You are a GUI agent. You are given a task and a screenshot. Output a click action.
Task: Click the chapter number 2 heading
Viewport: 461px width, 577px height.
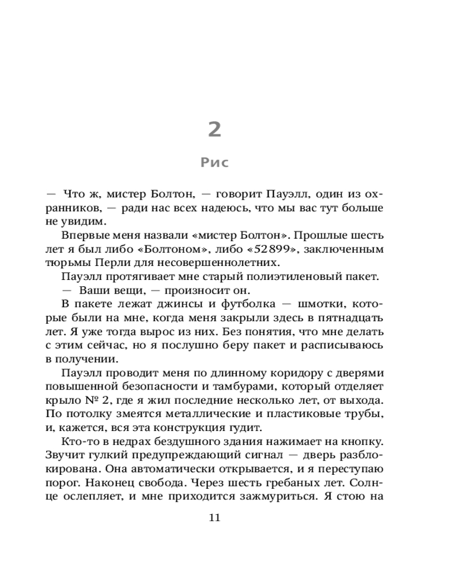(214, 129)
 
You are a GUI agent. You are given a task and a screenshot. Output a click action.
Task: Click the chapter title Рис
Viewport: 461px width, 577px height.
(214, 163)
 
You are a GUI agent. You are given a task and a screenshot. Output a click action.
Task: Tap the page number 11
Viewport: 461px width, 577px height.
(214, 517)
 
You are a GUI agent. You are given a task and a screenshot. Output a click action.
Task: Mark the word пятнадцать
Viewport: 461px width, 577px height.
(352, 318)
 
